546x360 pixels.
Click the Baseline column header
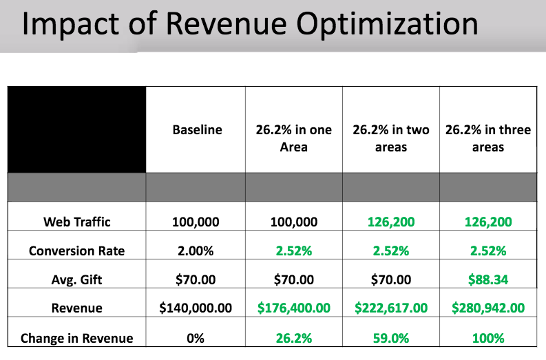pyautogui.click(x=197, y=130)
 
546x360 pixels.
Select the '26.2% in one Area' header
pyautogui.click(x=294, y=138)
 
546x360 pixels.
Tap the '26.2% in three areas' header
pyautogui.click(x=488, y=138)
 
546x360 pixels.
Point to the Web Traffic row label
pyautogui.click(x=76, y=222)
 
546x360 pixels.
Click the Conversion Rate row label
pyautogui.click(x=76, y=251)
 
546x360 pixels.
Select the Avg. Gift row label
pyautogui.click(x=76, y=279)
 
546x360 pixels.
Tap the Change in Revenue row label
pyautogui.click(x=76, y=338)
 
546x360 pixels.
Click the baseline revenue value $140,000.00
pyautogui.click(x=197, y=308)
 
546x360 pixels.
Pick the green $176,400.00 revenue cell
pyautogui.click(x=294, y=308)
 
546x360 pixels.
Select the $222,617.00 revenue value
pyautogui.click(x=390, y=308)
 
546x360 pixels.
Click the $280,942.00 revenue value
pyautogui.click(x=488, y=308)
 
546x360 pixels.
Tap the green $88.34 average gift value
pyautogui.click(x=488, y=279)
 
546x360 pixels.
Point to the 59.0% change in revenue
pyautogui.click(x=390, y=338)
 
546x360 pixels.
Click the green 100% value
pyautogui.click(x=488, y=338)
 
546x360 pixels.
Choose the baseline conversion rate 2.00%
pyautogui.click(x=197, y=251)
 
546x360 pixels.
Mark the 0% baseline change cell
pyautogui.click(x=197, y=338)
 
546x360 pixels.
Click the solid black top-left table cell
pyautogui.click(x=76, y=129)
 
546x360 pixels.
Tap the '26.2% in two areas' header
pyautogui.click(x=390, y=138)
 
